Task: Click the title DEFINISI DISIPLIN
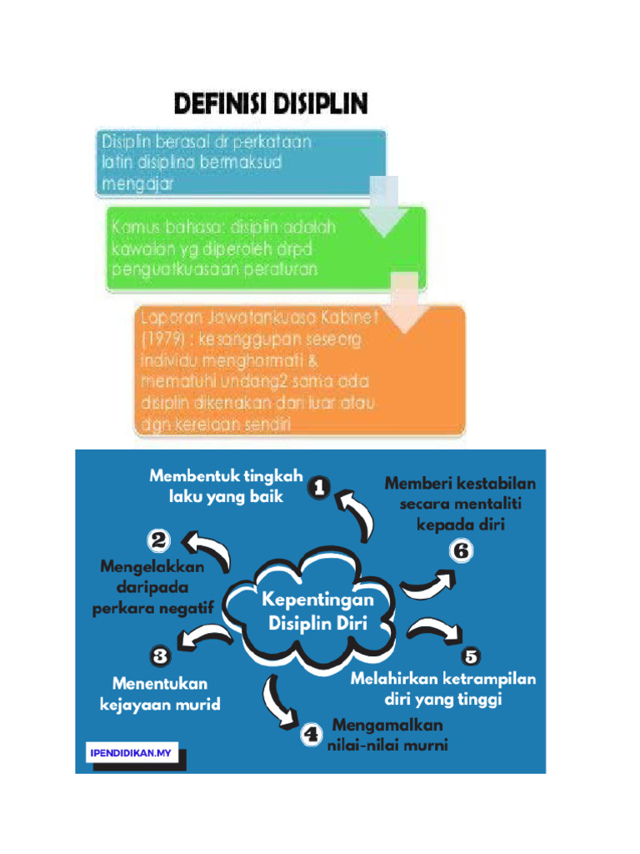click(271, 105)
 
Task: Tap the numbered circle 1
click(319, 487)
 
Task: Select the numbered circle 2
click(159, 540)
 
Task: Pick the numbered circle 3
click(160, 656)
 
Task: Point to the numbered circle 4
click(311, 735)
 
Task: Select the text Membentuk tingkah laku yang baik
click(226, 486)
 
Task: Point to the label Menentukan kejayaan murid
click(160, 694)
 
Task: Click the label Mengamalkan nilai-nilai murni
click(387, 735)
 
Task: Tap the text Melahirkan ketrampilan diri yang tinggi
click(442, 689)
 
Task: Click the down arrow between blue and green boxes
click(384, 203)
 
